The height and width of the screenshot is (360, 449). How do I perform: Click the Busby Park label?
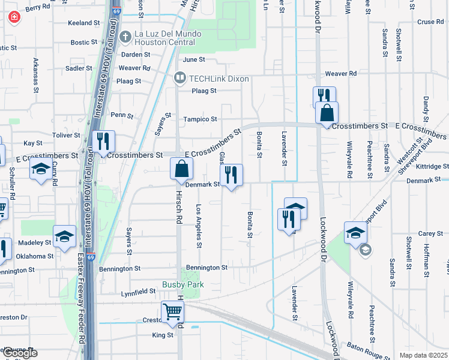point(184,284)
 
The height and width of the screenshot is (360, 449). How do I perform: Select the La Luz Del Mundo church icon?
point(125,37)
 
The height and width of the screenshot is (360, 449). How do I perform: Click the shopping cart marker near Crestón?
point(172,312)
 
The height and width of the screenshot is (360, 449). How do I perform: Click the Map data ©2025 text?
point(423,355)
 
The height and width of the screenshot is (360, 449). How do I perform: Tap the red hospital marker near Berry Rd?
point(14,18)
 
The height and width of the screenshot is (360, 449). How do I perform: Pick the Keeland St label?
point(84,23)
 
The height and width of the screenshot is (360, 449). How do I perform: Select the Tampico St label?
point(200,119)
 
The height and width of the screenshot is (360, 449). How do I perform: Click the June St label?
point(194,60)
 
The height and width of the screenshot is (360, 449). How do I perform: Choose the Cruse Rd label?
point(430,22)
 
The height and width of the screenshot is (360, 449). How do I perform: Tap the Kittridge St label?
point(428,166)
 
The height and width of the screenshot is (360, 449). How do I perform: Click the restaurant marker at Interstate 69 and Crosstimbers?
point(103,142)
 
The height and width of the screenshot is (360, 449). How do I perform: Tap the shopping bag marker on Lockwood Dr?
point(327,113)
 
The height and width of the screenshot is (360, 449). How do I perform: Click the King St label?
point(163,335)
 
